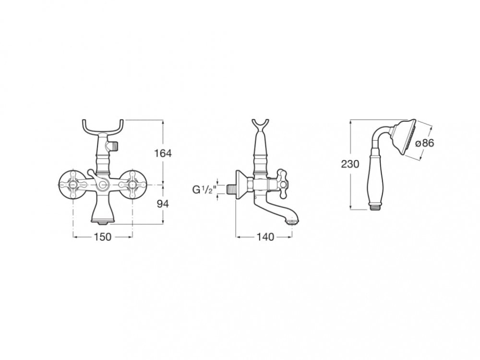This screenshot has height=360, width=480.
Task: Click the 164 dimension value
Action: (x=163, y=153)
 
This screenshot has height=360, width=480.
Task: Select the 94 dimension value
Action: (x=163, y=204)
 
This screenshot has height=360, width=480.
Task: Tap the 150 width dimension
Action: (x=103, y=237)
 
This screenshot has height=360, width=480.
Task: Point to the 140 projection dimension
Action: (x=265, y=237)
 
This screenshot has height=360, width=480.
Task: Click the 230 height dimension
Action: (x=350, y=164)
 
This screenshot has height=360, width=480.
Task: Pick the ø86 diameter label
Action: (x=425, y=143)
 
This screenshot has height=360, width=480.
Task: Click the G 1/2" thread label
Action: (x=204, y=190)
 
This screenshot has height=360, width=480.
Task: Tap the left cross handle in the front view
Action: (x=73, y=185)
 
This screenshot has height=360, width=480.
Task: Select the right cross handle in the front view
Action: (x=132, y=185)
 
